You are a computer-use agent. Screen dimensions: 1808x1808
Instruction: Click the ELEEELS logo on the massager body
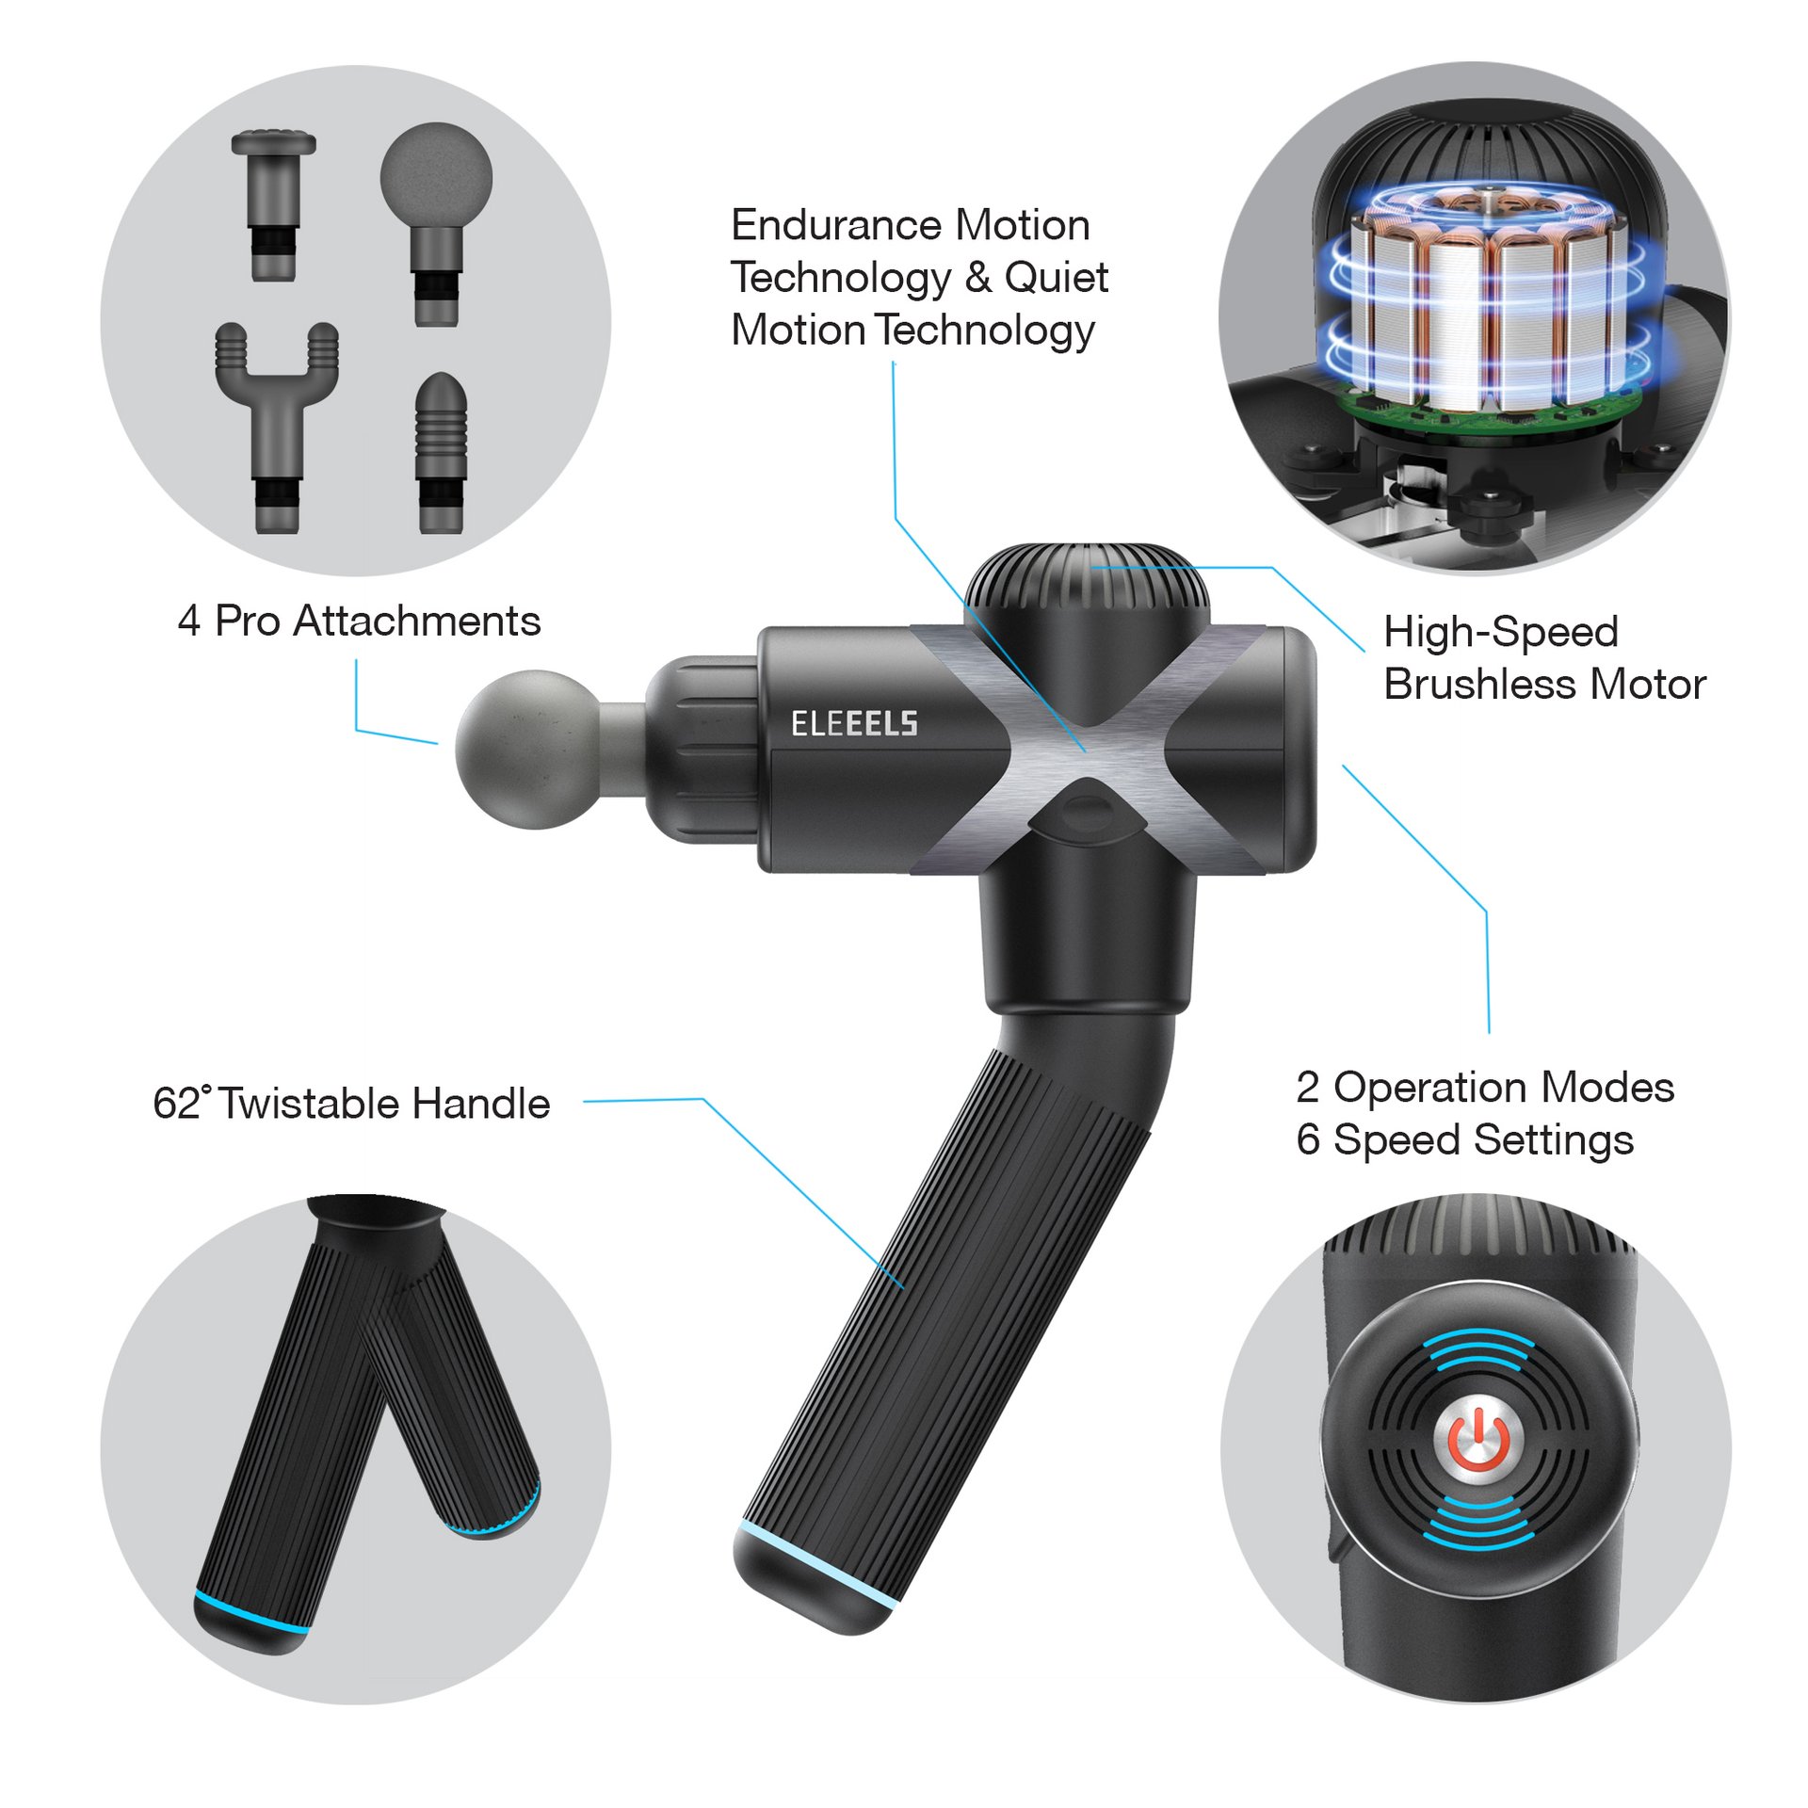[x=854, y=723]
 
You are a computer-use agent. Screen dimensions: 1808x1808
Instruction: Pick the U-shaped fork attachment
[x=277, y=427]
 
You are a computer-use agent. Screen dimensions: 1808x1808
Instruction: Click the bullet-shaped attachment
[x=442, y=452]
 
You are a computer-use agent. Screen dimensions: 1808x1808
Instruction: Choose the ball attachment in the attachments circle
[x=436, y=224]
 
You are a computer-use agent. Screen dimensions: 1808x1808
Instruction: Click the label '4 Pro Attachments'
[x=359, y=621]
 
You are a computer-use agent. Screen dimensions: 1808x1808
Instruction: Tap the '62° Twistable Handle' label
[x=351, y=1104]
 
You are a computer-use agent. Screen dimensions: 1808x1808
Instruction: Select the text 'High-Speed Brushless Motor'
[x=1544, y=657]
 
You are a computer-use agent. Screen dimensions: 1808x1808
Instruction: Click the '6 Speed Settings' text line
[x=1464, y=1139]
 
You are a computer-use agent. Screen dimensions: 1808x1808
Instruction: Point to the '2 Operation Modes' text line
[x=1485, y=1088]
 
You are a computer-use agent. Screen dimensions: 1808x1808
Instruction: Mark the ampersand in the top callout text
[x=978, y=277]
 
